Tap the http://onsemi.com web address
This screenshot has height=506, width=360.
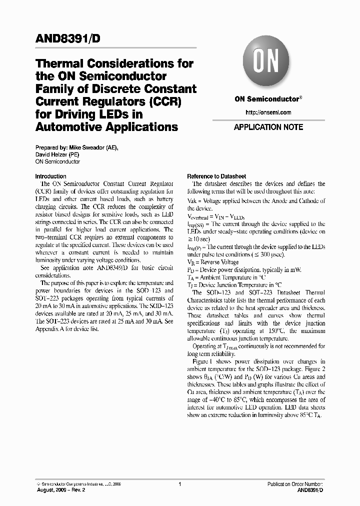coord(268,112)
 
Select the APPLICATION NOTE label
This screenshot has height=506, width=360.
coord(268,127)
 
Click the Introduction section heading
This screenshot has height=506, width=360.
coord(50,176)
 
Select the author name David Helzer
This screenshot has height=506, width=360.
coord(53,154)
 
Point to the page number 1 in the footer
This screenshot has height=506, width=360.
coord(179,484)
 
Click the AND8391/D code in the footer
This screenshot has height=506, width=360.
coord(310,491)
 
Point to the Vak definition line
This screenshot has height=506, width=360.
coord(256,201)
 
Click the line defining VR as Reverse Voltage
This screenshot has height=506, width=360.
coord(213,262)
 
